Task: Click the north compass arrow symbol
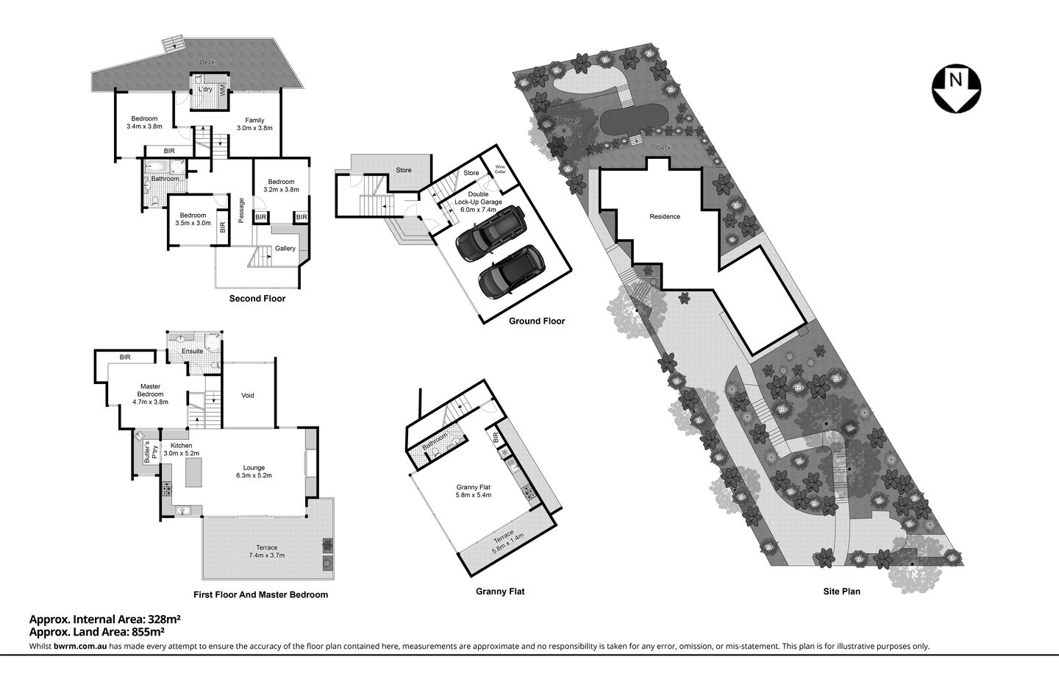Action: [956, 89]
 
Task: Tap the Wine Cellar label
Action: [501, 169]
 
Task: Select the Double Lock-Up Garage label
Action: [478, 201]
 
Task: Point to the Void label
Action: [248, 396]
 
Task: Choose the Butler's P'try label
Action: [146, 451]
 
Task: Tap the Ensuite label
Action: [193, 351]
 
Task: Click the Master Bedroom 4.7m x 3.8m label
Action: [150, 394]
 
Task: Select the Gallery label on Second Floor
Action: [285, 249]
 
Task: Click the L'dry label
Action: [206, 90]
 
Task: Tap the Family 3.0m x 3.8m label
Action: [254, 124]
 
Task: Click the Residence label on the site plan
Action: [665, 217]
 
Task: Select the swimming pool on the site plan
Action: [634, 118]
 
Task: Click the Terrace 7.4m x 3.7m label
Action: [266, 551]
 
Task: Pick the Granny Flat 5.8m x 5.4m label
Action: [473, 491]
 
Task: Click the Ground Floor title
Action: [537, 321]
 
